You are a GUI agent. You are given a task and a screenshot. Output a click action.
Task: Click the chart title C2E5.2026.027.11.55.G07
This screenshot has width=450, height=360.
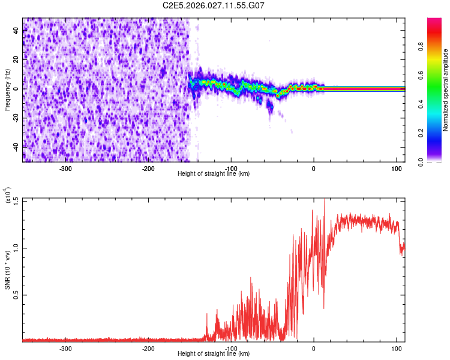[x=214, y=5]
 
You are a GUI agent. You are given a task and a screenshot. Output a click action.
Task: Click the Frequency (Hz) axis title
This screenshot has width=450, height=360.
[x=7, y=90]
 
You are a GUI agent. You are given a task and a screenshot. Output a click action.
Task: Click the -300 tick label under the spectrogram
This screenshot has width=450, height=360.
[x=66, y=168]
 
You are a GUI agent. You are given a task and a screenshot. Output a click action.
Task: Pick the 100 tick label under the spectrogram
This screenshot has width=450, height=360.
[x=396, y=168]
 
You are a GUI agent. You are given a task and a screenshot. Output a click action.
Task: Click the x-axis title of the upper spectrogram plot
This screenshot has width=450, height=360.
[x=214, y=174]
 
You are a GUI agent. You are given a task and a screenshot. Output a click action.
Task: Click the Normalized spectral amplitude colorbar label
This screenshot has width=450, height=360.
[x=445, y=90]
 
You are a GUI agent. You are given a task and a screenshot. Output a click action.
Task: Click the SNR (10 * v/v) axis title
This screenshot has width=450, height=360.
[x=7, y=270]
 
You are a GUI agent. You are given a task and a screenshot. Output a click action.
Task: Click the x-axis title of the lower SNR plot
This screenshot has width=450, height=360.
[x=214, y=354]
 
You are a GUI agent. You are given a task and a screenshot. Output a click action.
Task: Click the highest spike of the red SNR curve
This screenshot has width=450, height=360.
[x=325, y=200]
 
